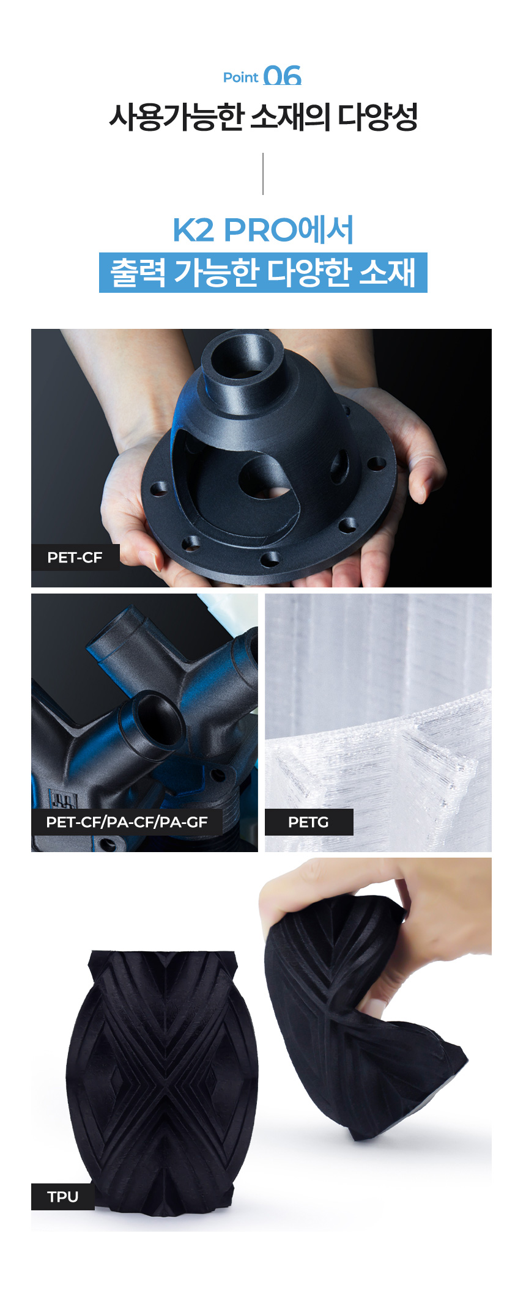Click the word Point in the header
(x=240, y=78)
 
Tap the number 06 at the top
(x=283, y=76)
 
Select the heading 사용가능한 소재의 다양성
(x=263, y=117)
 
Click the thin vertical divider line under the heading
(x=263, y=174)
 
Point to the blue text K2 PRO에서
(x=263, y=230)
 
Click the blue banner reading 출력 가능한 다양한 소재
(x=263, y=273)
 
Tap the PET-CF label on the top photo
(x=75, y=557)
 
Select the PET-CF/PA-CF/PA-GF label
(x=127, y=822)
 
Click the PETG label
(x=309, y=822)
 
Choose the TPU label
(x=63, y=1197)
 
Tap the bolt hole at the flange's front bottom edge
(x=270, y=558)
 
